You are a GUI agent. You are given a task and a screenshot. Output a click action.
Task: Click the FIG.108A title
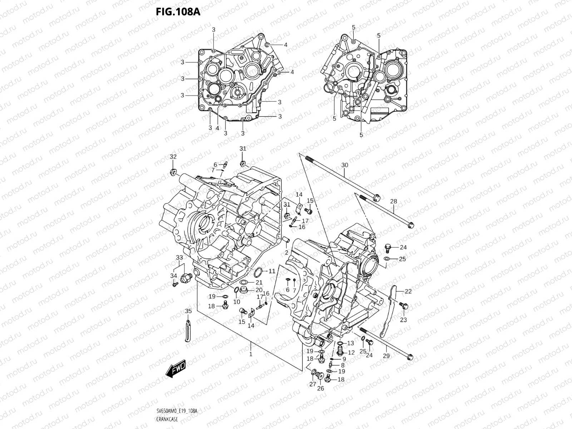click(x=178, y=12)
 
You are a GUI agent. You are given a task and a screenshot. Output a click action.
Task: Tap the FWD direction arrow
click(x=175, y=368)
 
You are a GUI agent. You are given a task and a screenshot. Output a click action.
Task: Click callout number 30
click(x=344, y=165)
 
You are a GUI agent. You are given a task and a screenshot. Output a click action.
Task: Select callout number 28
click(x=393, y=202)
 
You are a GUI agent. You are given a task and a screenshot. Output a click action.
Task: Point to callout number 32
click(x=173, y=157)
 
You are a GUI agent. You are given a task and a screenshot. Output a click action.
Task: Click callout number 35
click(x=188, y=311)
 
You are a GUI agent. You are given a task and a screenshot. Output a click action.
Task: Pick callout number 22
click(x=408, y=291)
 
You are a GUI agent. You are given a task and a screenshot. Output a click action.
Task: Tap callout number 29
click(x=386, y=356)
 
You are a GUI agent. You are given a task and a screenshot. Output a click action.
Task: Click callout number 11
click(x=272, y=271)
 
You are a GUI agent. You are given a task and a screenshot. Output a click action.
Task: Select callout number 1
click(x=251, y=354)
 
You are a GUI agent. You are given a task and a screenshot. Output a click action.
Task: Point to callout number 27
click(x=313, y=384)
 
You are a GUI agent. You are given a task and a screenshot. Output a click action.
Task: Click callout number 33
click(x=179, y=257)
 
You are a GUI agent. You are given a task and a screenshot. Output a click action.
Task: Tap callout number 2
click(x=286, y=253)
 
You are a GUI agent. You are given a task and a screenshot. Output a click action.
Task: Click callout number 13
click(x=350, y=343)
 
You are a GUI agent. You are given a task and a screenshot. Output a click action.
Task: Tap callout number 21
click(x=259, y=282)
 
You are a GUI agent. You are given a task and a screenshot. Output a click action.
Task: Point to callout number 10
click(x=237, y=302)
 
